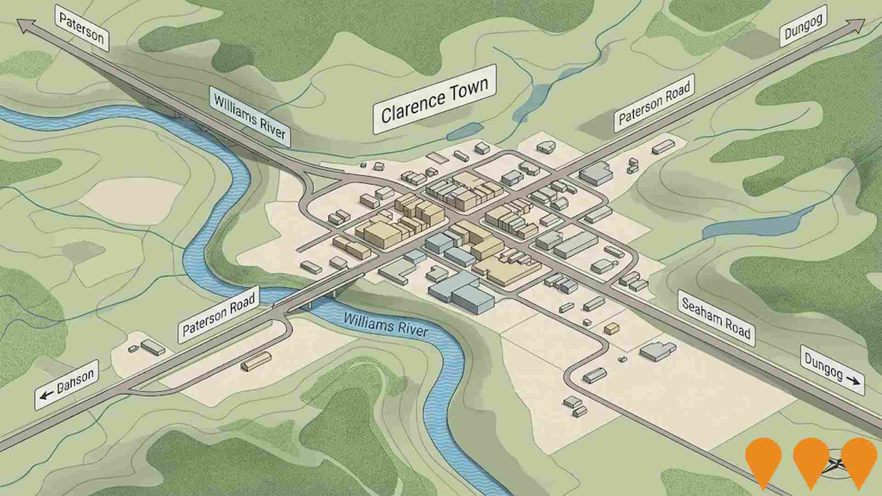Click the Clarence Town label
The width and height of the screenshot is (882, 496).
pyautogui.click(x=434, y=100)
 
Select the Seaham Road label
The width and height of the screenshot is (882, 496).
pyautogui.click(x=716, y=318)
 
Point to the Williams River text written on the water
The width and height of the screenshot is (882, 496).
pyautogui.click(x=385, y=324)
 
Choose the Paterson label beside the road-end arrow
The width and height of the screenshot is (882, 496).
pyautogui.click(x=82, y=28)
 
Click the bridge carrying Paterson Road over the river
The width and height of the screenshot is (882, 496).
pyautogui.click(x=317, y=289)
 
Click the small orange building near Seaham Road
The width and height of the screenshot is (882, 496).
pyautogui.click(x=611, y=328)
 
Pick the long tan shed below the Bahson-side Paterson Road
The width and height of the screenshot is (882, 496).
pyautogui.click(x=256, y=361)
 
